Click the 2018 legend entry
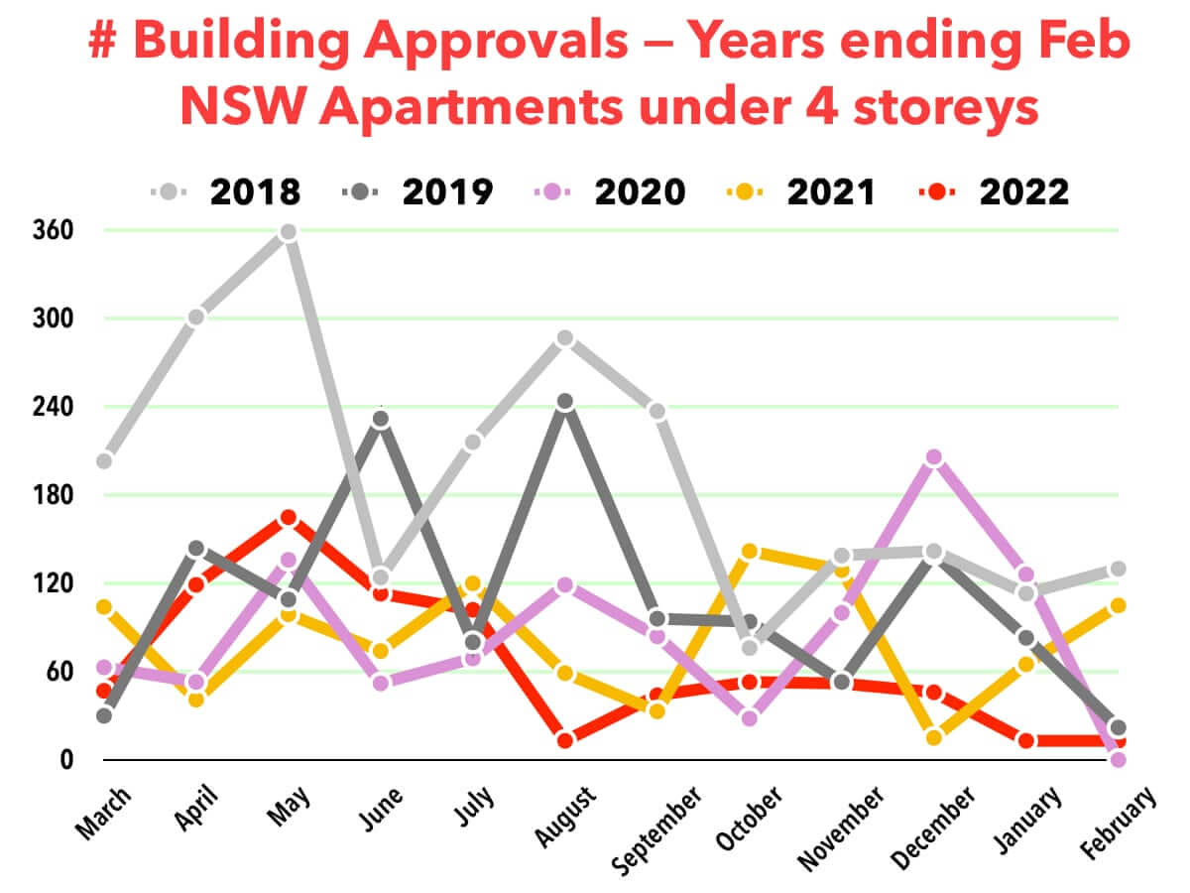pos(224,191)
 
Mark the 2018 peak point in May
pos(289,232)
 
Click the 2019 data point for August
pos(565,402)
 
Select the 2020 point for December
pos(933,457)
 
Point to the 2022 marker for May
pos(289,518)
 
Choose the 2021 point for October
pos(750,551)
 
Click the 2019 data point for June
pos(381,420)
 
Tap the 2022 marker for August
pos(565,740)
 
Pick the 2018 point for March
pos(104,461)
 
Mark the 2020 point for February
pos(1119,760)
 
